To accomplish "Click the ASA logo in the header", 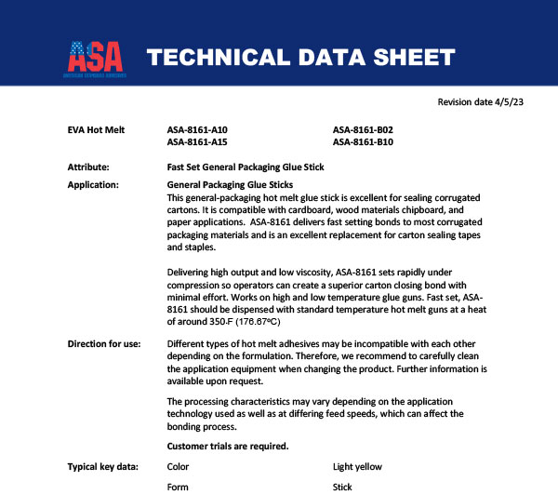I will coord(96,57).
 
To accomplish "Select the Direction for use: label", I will coord(104,344).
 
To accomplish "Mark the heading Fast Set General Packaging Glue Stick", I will coord(245,167).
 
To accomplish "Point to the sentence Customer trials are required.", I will coord(227,446).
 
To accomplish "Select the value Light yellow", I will coord(357,466).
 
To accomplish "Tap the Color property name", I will coord(177,466).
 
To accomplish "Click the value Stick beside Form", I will coord(343,487).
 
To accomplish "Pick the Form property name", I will coord(177,487).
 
